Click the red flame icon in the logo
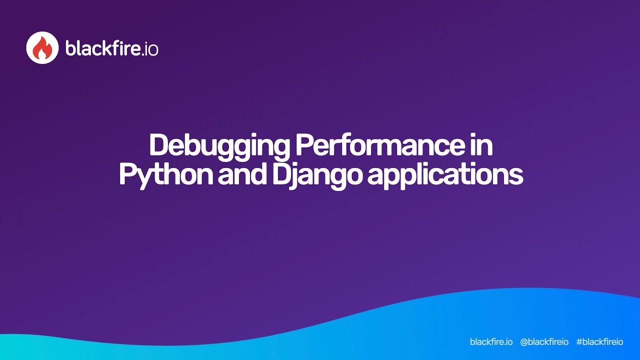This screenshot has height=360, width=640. [42, 48]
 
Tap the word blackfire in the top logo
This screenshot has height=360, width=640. [100, 48]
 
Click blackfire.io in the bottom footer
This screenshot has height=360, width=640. [491, 342]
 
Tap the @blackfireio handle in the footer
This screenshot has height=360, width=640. [544, 342]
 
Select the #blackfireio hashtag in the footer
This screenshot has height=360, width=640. [599, 342]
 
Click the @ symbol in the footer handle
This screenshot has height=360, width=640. [524, 342]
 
